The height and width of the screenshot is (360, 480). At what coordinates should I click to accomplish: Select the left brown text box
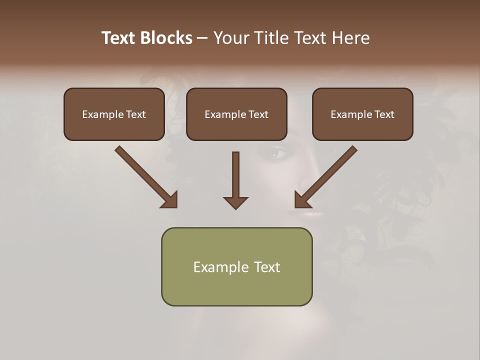click(114, 114)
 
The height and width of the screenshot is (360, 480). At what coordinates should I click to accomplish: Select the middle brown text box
click(236, 114)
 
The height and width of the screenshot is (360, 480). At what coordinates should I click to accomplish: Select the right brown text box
click(362, 114)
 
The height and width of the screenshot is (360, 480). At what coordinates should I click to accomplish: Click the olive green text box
click(236, 266)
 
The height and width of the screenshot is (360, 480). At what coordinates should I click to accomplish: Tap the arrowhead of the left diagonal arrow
click(170, 200)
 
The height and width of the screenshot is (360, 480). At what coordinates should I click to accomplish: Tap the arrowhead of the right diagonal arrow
click(302, 200)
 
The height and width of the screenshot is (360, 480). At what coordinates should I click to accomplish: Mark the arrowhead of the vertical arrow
click(235, 202)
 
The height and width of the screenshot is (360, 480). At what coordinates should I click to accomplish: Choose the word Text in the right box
click(384, 114)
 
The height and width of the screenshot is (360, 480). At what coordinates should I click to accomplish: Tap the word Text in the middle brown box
click(258, 114)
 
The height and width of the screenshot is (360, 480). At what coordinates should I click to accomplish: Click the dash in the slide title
click(202, 38)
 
